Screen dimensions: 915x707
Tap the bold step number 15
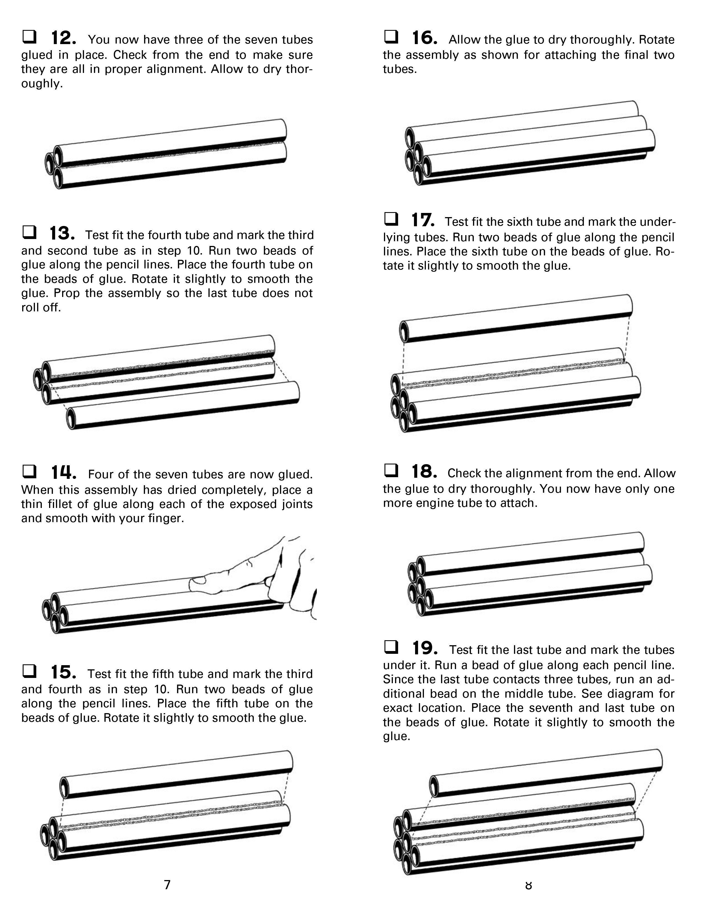[x=64, y=672]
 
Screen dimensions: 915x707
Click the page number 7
[x=167, y=885]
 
